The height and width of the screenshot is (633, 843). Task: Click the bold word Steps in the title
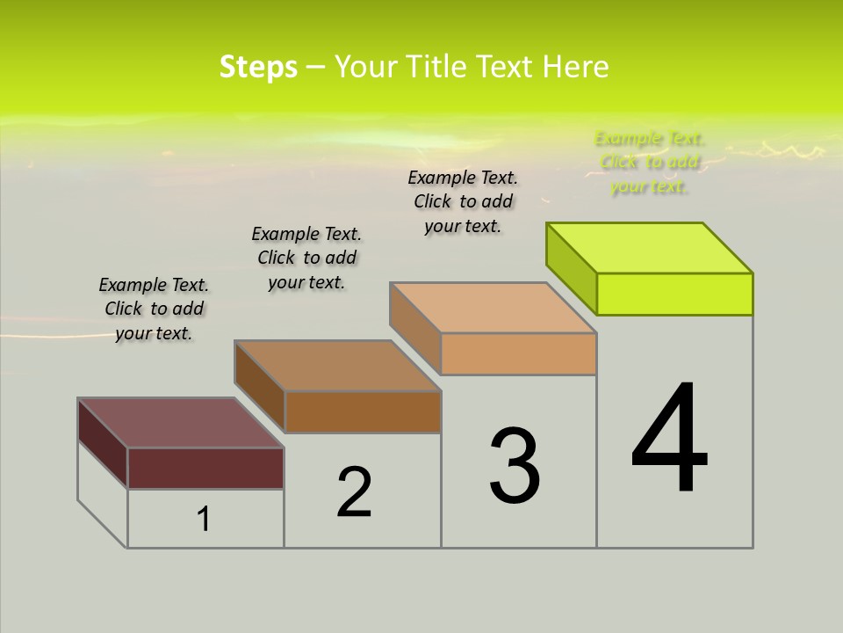coord(258,68)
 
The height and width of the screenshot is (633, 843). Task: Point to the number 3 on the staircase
coord(515,466)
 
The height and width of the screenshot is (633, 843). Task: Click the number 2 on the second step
coord(355,492)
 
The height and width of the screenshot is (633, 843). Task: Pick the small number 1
coord(204,520)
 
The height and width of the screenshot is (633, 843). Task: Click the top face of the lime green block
coord(650,248)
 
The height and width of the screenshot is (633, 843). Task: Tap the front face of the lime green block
coord(674,294)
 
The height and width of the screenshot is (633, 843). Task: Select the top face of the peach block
coord(493,308)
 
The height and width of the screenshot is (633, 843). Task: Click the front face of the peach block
coord(518,354)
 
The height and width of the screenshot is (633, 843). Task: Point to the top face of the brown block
coord(337,366)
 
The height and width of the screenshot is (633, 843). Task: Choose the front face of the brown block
coord(363,411)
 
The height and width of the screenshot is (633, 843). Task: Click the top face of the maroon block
coord(180,423)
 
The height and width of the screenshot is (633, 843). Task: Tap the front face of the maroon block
coord(205,468)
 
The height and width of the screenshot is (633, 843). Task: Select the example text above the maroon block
coord(154,309)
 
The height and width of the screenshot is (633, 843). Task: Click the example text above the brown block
coord(306,258)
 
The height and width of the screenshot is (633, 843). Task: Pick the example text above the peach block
coord(463,201)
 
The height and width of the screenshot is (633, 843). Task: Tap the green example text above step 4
coord(649,162)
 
